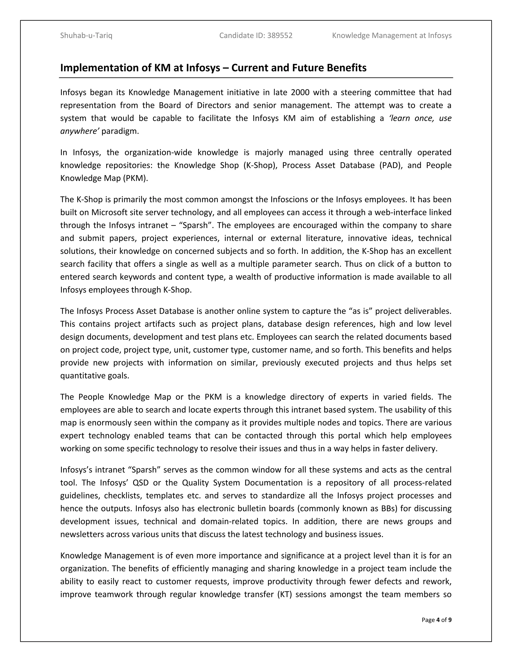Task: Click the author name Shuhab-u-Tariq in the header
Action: coord(86,36)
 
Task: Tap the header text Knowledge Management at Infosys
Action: coord(391,36)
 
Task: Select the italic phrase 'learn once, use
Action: coord(420,118)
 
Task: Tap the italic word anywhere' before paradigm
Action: coord(80,131)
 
